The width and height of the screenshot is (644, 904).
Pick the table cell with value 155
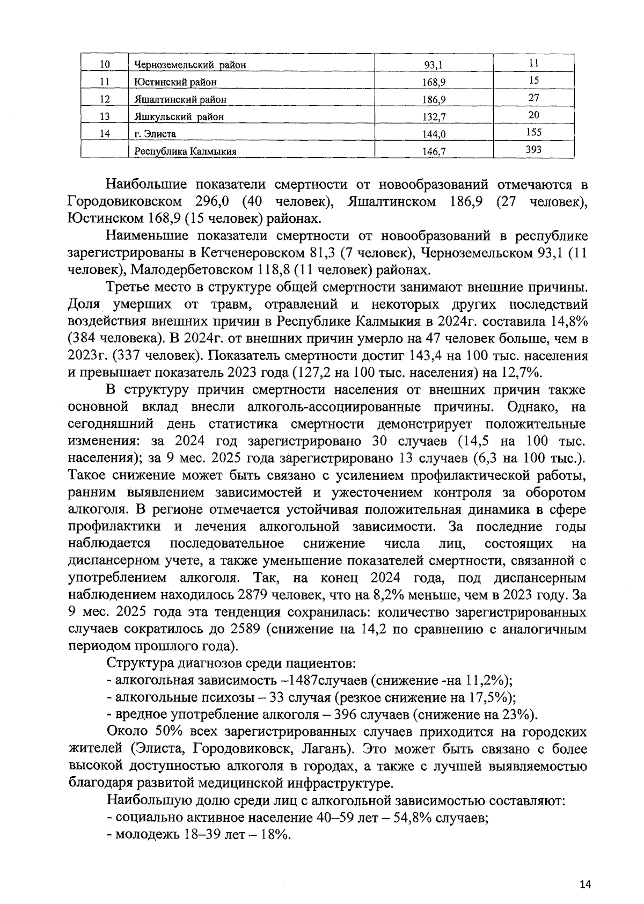coord(533,132)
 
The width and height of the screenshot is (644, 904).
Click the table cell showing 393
coord(533,149)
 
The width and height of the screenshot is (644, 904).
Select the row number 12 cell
coord(105,99)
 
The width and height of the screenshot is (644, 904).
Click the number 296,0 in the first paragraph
coord(210,202)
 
